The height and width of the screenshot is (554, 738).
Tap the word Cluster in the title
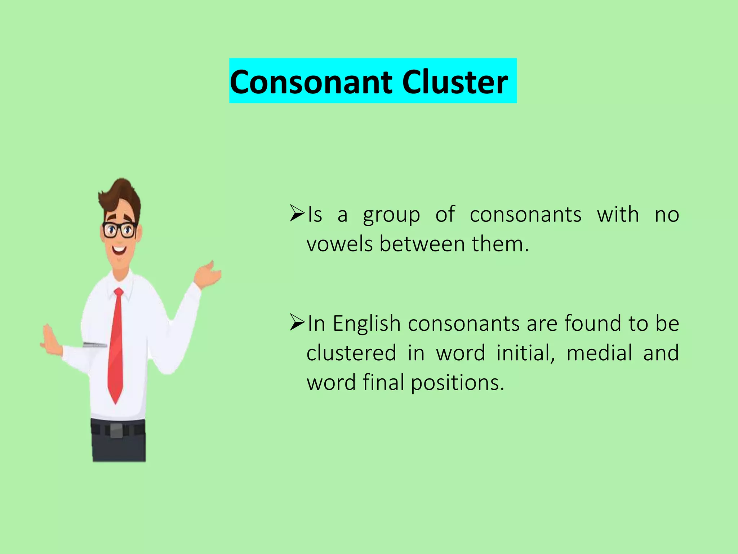(x=455, y=82)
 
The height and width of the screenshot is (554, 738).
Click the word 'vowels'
(x=339, y=244)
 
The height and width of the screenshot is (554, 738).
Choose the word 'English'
(x=366, y=324)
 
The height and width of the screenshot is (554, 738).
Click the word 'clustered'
(x=351, y=353)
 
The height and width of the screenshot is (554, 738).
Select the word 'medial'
(x=599, y=353)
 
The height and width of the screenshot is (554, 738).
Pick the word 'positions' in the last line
(x=457, y=383)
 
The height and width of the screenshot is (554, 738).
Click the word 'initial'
(x=525, y=353)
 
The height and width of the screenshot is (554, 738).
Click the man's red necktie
(x=116, y=346)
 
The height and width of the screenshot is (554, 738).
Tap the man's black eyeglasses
(x=119, y=230)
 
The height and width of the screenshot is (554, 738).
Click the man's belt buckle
(x=116, y=430)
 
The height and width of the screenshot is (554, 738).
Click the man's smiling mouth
(x=119, y=250)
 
